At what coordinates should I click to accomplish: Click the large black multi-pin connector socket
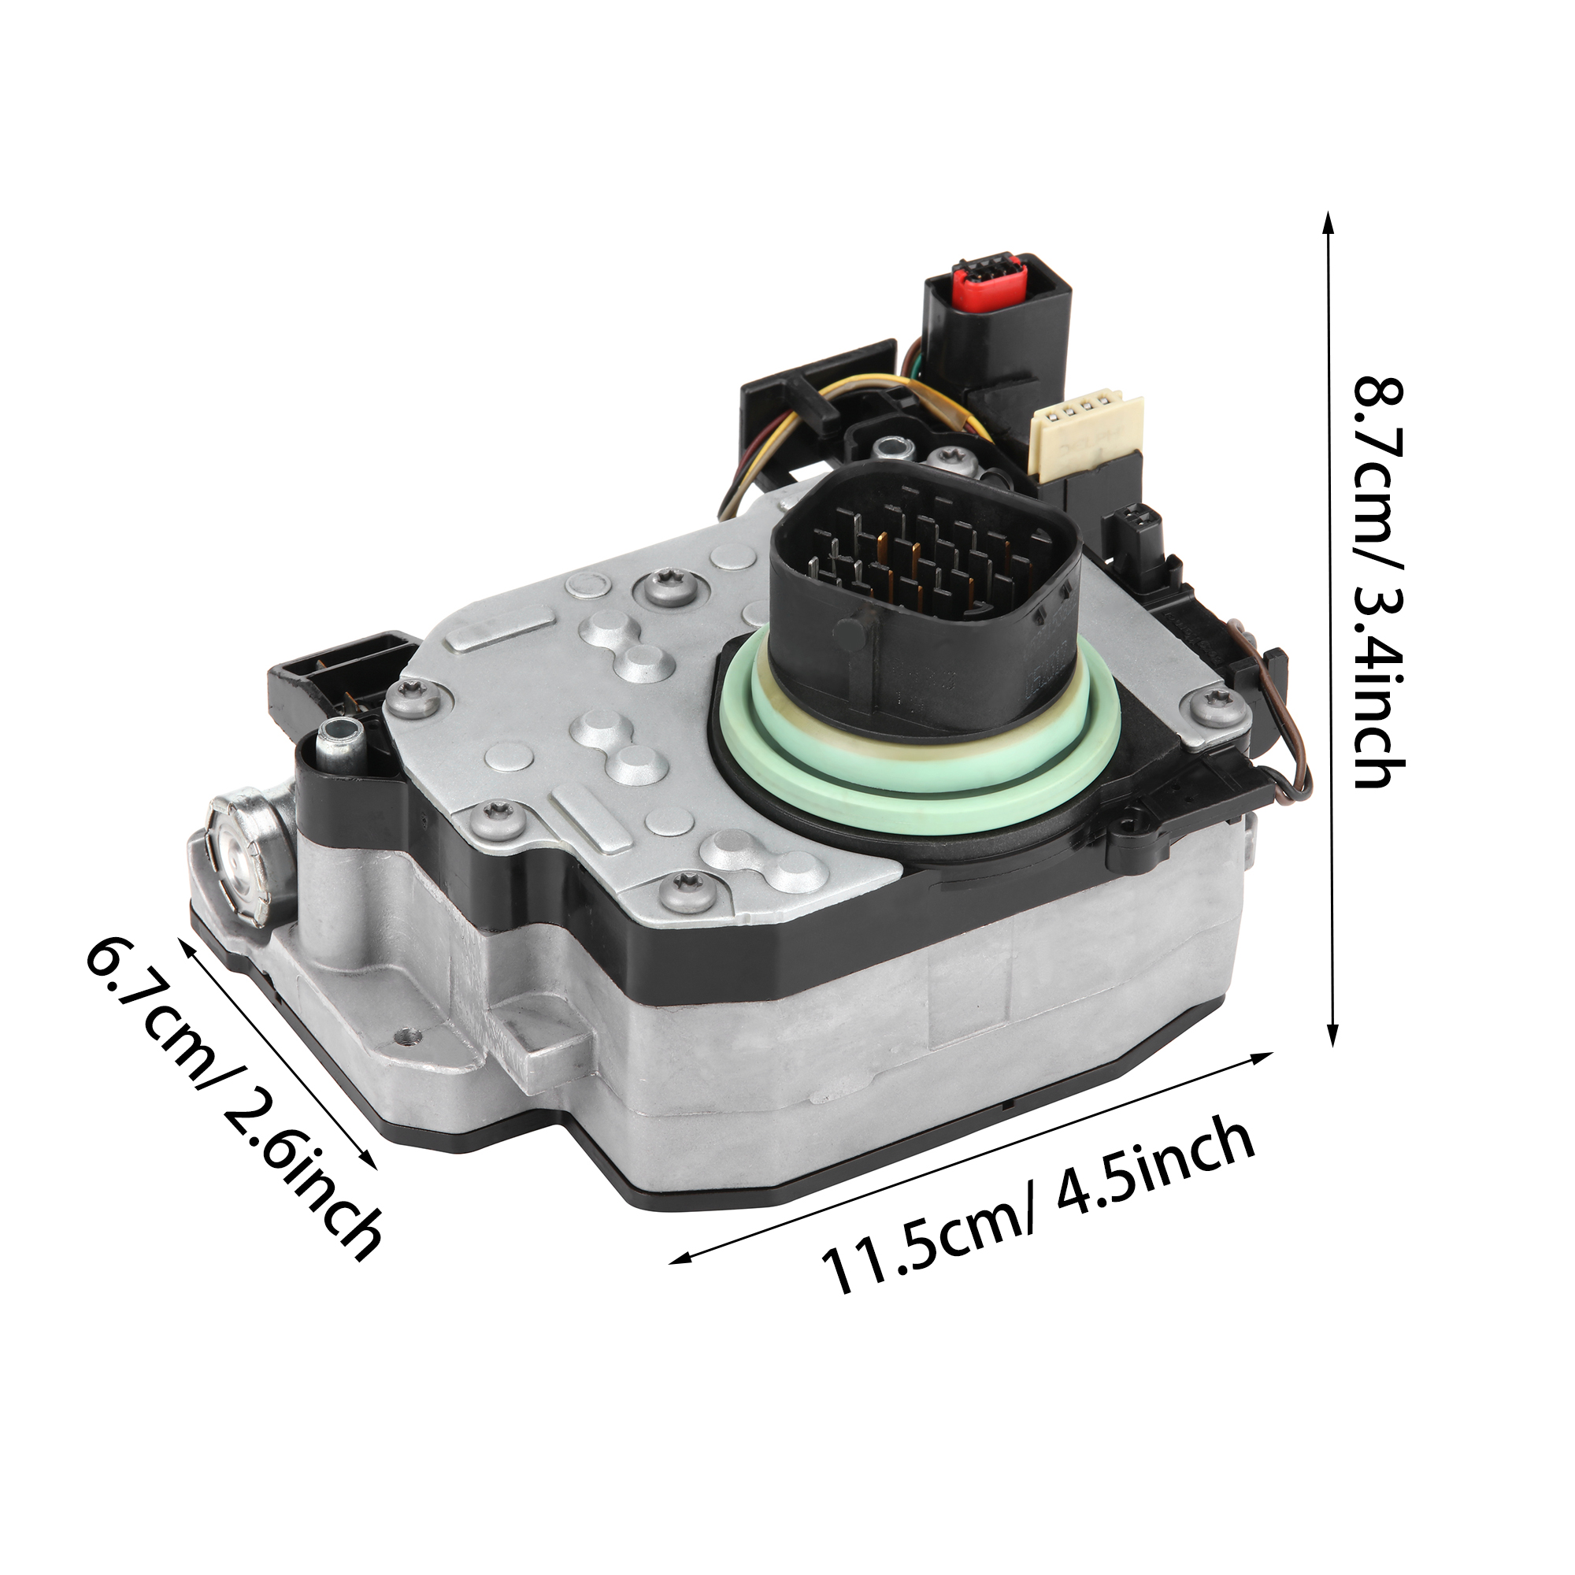(x=925, y=587)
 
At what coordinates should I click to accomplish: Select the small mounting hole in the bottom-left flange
(x=407, y=1037)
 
